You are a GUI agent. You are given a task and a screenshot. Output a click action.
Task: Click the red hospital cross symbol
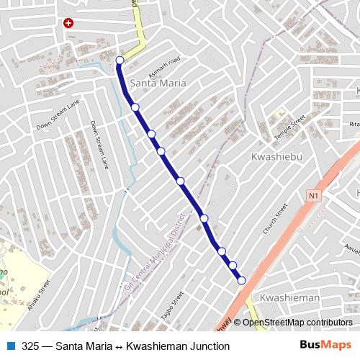pos(68,23)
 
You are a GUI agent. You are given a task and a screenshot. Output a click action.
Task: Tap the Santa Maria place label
pos(158,84)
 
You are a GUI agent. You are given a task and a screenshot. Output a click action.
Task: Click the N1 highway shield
pos(312,195)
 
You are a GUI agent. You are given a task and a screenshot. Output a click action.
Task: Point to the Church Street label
pos(275,219)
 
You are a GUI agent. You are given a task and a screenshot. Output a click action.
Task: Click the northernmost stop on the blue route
pos(120,60)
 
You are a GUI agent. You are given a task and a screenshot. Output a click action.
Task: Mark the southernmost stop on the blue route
pos(242,280)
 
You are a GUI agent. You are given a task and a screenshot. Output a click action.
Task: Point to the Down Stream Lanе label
pos(99,145)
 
